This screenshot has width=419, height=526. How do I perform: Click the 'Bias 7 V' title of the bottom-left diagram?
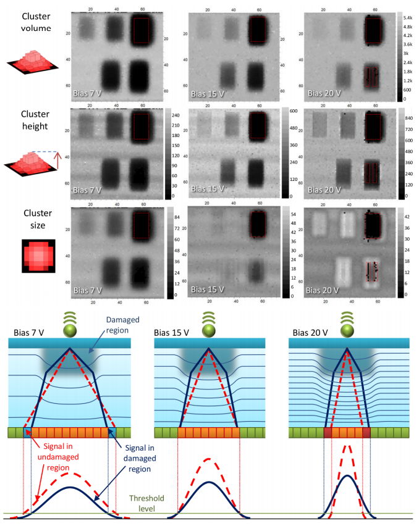pos(32,333)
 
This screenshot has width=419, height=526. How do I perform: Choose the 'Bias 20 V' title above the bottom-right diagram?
pos(310,333)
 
